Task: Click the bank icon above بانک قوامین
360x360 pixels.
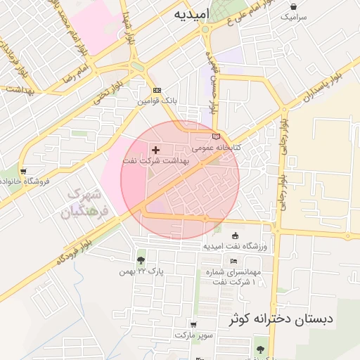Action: coord(157,91)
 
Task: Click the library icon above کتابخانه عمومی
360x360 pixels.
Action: coord(216,136)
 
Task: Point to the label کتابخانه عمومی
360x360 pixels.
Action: coord(217,148)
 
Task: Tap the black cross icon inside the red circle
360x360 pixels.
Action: coord(155,150)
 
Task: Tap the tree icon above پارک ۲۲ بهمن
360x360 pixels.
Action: coord(141,261)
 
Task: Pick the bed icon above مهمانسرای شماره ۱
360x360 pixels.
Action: coord(233,261)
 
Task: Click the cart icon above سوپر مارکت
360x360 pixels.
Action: coord(193,325)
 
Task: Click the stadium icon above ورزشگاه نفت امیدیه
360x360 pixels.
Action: coord(235,236)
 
